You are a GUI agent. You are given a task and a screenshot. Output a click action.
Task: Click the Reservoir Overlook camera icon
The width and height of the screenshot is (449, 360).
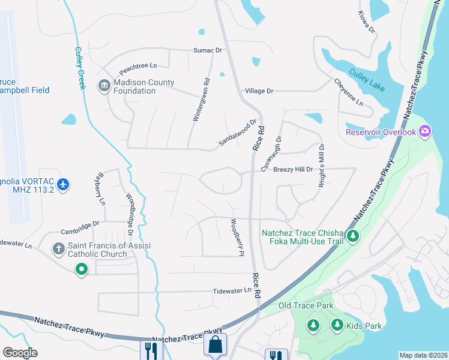pos(425,130)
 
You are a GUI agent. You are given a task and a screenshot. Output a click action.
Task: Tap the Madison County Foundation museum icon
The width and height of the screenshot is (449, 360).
pos(104,85)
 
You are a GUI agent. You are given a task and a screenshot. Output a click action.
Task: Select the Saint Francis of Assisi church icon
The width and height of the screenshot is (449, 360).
pos(59,248)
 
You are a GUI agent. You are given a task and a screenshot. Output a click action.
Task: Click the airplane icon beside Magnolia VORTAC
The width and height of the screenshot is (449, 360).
pos(64,184)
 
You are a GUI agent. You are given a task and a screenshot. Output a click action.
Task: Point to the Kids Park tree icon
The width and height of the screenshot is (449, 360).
pos(337,325)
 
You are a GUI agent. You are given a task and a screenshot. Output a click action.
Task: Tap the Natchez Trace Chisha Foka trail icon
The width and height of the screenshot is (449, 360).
pos(354,236)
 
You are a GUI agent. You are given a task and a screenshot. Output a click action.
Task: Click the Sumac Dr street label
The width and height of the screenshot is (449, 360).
pos(207,50)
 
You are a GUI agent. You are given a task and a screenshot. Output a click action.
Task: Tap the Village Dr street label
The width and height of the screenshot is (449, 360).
pos(259,91)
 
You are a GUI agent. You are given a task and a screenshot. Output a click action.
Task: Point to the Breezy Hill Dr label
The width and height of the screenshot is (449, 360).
pos(294,170)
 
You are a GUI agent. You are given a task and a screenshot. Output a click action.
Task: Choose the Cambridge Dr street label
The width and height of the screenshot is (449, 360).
pos(80,227)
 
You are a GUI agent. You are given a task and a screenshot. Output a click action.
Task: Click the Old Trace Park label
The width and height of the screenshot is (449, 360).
pos(306,306)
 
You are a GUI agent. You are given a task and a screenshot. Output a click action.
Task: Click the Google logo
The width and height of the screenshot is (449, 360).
pos(20,353)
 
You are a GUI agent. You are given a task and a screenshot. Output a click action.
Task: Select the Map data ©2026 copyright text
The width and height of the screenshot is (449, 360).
pos(423,355)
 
